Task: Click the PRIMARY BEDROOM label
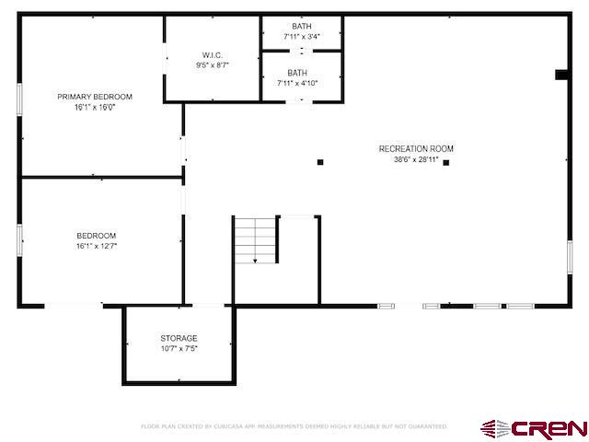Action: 95,97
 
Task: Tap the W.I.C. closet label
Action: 213,55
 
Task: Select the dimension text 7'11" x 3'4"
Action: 302,37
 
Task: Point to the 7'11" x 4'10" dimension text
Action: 297,83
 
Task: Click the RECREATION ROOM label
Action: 416,149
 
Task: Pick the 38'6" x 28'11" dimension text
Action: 416,159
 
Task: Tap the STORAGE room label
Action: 179,338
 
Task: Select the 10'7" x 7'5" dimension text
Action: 179,349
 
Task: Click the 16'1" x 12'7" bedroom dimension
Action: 97,246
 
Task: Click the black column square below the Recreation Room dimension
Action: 445,163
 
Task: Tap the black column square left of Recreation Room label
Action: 320,162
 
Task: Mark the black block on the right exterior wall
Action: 561,75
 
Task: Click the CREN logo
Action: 534,429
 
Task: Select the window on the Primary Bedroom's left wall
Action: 19,99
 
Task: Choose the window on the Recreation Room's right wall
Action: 570,258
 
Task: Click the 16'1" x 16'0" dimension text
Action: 95,108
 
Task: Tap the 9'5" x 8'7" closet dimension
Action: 213,65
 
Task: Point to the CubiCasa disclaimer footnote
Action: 294,426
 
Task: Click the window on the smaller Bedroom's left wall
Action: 19,240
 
